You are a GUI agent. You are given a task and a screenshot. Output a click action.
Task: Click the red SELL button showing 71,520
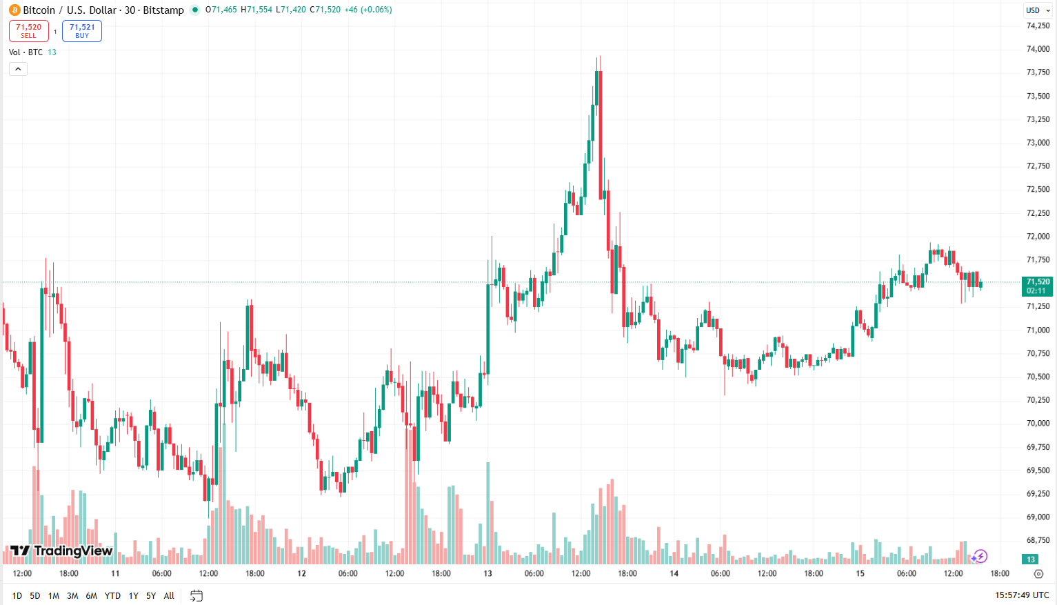point(28,31)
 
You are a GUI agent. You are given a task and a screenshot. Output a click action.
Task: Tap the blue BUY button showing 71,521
point(82,31)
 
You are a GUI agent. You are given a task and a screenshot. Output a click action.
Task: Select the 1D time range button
point(17,595)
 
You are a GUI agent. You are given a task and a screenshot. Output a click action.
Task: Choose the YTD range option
point(112,595)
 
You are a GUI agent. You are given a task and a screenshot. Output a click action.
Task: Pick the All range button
point(169,595)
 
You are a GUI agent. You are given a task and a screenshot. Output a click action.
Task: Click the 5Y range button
point(151,595)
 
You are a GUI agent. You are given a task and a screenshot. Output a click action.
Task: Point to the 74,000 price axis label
point(1038,49)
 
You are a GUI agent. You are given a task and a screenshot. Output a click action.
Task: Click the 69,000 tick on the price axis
point(1038,517)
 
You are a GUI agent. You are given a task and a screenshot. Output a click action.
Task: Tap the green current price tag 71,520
point(1038,286)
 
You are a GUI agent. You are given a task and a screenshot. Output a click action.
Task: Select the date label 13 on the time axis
point(487,573)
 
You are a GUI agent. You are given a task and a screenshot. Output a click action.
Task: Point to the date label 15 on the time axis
point(860,573)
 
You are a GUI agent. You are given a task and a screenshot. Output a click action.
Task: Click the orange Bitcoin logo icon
point(14,10)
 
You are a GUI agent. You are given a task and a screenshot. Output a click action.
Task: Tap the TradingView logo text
point(61,551)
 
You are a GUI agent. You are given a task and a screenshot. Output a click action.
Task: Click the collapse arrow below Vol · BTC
point(18,69)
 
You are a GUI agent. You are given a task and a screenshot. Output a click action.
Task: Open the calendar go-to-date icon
point(197,595)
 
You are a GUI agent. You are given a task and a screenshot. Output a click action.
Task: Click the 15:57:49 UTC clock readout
point(1021,595)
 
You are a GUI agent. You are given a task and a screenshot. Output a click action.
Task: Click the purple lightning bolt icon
point(980,556)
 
